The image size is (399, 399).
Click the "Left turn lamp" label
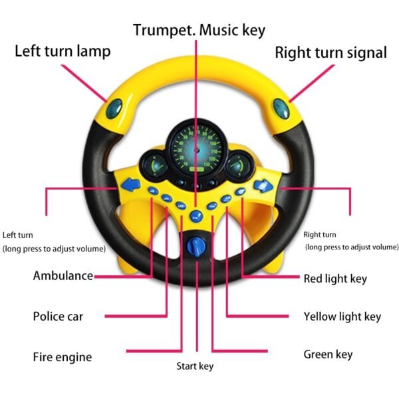coord(63,51)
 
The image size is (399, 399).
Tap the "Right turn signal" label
coord(331,53)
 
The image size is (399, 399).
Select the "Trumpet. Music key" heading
coord(199,30)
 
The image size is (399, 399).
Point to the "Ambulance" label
coord(63,275)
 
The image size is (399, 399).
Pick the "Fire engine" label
coord(63,357)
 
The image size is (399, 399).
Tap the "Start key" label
coord(195,366)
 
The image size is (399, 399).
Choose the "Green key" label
coord(328,354)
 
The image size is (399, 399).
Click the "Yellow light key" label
coord(342,317)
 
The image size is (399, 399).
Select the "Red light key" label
coord(335,279)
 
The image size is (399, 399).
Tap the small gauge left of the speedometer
coord(154,166)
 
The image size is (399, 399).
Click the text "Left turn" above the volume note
coord(17,235)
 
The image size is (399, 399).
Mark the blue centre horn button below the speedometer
coord(196,217)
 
